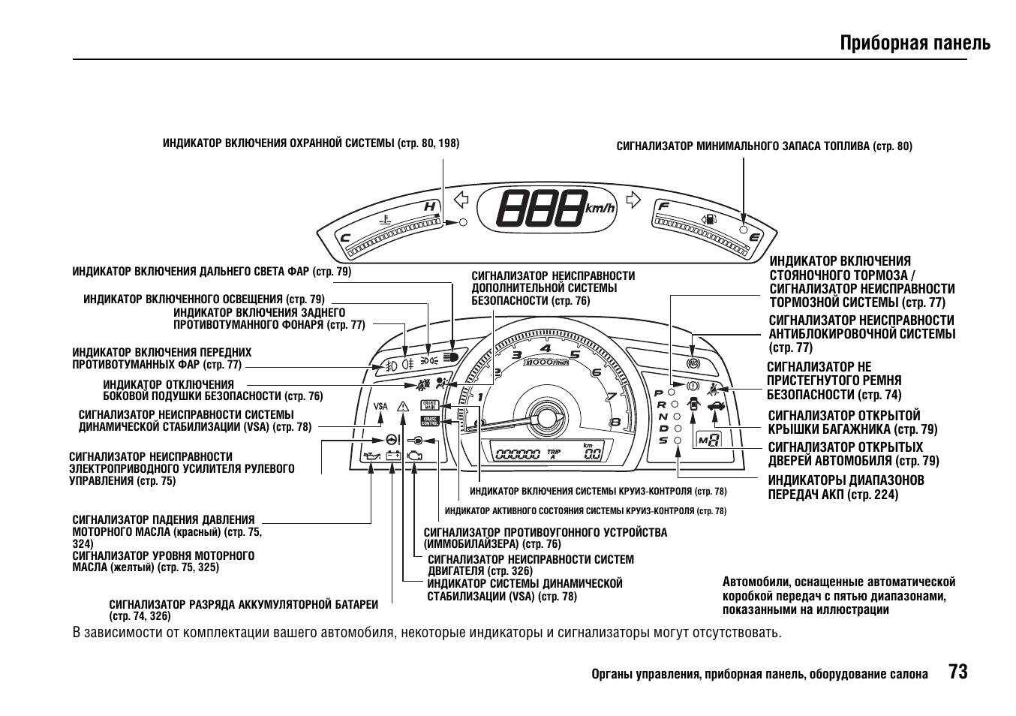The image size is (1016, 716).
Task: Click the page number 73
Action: (957, 671)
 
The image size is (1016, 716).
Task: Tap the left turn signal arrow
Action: (461, 200)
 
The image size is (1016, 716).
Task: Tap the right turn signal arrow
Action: (634, 200)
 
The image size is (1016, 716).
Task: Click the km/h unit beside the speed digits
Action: (600, 207)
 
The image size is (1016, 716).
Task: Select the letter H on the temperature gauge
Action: (429, 206)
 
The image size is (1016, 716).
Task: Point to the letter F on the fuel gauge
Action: (663, 206)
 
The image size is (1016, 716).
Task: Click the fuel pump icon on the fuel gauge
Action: (708, 219)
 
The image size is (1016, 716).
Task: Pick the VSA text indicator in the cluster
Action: (381, 406)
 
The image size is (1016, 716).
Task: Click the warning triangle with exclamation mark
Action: (403, 406)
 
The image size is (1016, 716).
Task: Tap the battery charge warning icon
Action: (392, 456)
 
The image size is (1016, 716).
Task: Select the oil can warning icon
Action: (371, 456)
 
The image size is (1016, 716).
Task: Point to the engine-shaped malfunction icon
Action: (414, 456)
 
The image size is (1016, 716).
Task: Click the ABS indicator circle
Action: (693, 363)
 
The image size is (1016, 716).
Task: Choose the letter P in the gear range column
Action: (659, 393)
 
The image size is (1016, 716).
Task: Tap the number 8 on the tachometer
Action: (615, 422)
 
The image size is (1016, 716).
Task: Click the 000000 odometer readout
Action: (518, 453)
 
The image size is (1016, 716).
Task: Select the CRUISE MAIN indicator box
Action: (429, 405)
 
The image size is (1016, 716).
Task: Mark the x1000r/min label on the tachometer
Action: (546, 363)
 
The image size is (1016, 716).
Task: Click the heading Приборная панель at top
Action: (915, 43)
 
